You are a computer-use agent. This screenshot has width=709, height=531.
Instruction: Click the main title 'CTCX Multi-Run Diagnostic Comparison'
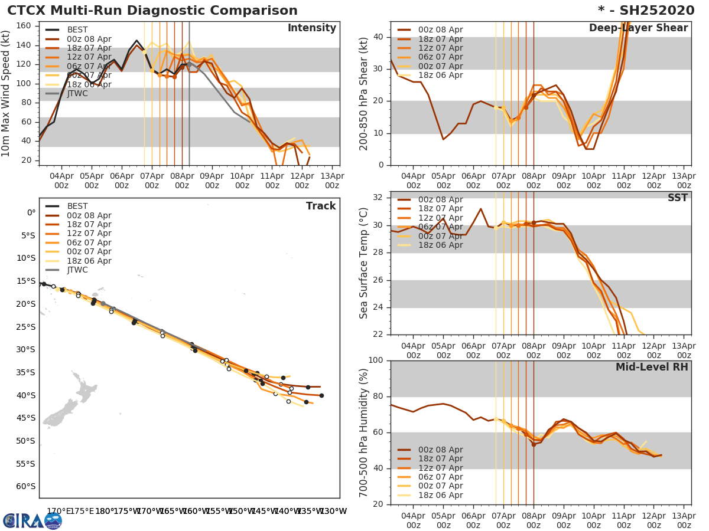pos(152,11)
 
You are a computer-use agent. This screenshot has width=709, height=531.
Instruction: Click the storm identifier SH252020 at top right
pos(652,11)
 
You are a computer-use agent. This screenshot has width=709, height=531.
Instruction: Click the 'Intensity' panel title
pos(311,28)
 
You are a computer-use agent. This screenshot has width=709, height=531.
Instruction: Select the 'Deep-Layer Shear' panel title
pos(638,28)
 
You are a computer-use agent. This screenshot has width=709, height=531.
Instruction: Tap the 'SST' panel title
pos(677,198)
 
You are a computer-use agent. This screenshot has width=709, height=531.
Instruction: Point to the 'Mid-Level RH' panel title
pos(651,368)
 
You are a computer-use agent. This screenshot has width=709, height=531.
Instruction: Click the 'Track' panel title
pos(320,206)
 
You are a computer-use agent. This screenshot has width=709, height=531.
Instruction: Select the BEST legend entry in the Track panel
pos(77,206)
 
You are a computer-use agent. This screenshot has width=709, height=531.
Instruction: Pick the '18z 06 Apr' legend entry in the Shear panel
pos(440,76)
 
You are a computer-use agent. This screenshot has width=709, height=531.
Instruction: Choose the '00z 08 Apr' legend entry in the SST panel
pos(440,199)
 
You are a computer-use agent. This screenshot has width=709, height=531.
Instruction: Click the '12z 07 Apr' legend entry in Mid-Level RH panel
pos(440,468)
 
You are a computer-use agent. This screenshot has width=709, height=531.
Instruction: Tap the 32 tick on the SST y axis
pos(378,198)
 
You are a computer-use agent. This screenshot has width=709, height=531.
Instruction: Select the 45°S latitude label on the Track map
pos(27,418)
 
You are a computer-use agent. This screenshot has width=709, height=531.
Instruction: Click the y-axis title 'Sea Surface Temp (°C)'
pos(364,263)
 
